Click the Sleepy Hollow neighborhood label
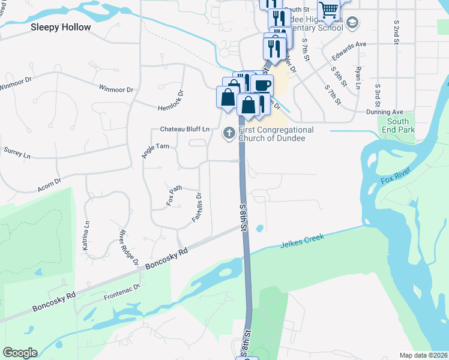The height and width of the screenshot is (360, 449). [61, 27]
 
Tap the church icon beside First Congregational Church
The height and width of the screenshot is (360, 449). [228, 133]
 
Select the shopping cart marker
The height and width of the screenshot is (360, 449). [328, 10]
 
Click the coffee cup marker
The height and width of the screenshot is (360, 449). [261, 85]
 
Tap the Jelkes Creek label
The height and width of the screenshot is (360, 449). [302, 241]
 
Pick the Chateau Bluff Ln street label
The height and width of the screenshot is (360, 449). [185, 129]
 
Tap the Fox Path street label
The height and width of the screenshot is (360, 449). [173, 196]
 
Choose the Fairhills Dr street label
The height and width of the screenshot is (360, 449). [196, 208]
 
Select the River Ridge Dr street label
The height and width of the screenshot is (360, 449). [129, 247]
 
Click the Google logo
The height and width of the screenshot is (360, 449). [20, 352]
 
